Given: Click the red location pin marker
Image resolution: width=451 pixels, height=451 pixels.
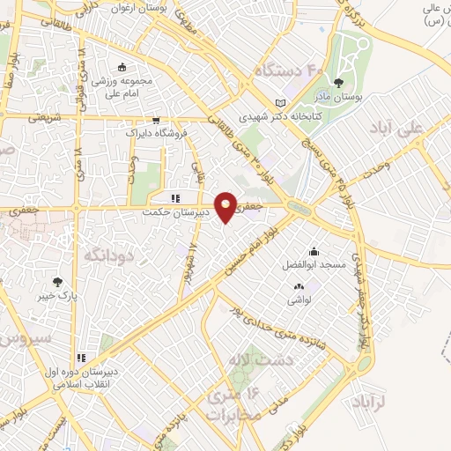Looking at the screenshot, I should point(226,207).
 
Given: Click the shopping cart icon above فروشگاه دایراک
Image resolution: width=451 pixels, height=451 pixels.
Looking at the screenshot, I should point(156,121).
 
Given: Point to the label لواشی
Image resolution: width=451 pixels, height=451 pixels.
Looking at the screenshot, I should point(298,299).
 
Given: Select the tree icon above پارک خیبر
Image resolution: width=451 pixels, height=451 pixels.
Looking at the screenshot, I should point(58,283).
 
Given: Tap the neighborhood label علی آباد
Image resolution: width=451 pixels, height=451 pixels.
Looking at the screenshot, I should point(423,129).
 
